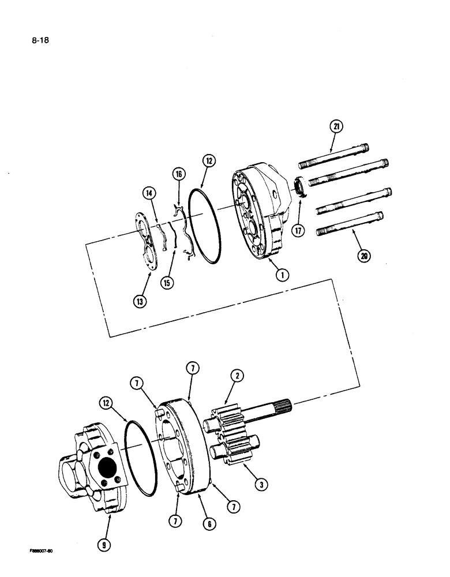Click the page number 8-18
point(32,42)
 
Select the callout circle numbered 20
point(363,256)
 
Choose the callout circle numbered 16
point(178,174)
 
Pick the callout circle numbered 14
point(149,193)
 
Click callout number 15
point(168,283)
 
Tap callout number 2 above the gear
point(237,376)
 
